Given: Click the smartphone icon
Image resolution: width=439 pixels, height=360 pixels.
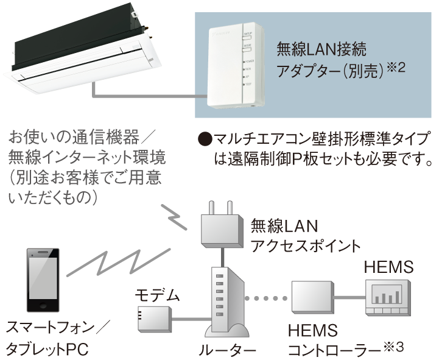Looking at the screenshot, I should point(43,281).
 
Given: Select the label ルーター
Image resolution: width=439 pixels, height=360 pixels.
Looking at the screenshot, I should point(227,350).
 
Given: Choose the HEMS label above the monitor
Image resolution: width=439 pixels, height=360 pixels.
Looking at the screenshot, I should point(388,267).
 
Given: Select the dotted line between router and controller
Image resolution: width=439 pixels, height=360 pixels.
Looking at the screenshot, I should point(268,298).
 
